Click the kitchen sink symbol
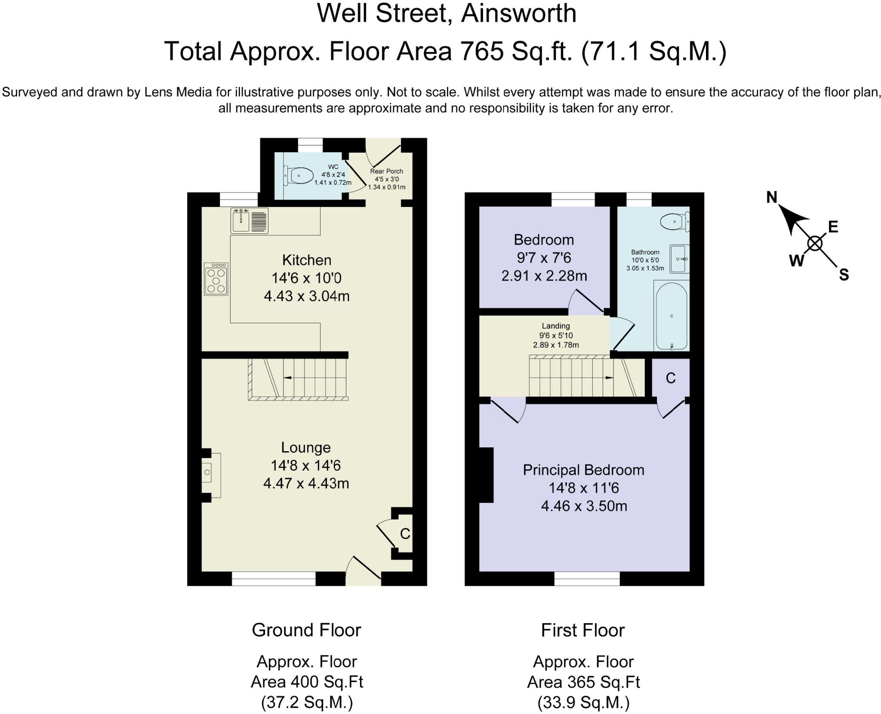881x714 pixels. coord(249,221)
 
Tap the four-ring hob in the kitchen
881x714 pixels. coord(216,279)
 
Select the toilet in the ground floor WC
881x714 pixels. coord(300,175)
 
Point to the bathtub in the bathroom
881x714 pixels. coord(672,316)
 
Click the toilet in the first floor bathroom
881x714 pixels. coord(675,222)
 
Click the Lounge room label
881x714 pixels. coord(306,447)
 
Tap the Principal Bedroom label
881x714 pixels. coord(583,470)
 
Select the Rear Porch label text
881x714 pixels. coord(386,171)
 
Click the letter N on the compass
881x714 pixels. coord(772,197)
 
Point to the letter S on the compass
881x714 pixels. coord(844,275)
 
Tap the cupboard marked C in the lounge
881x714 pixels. coord(405,533)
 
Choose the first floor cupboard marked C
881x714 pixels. coord(671,378)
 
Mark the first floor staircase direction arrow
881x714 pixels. coord(609,378)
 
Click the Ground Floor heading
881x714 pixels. coord(306,630)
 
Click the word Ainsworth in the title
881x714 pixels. coord(518,13)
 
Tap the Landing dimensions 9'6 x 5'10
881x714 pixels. coord(556,335)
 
